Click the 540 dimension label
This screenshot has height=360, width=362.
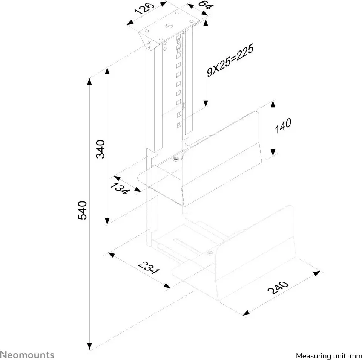point(82,210)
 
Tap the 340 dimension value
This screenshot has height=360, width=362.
point(100,149)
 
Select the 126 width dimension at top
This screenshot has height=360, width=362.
point(144,9)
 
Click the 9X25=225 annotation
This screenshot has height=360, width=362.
point(230,60)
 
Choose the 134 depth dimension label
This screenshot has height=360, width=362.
point(120,188)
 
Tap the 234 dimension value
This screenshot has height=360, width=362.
point(149,267)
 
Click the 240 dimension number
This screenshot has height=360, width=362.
point(278,288)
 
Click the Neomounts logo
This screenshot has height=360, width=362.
point(27,355)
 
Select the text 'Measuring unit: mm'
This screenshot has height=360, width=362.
point(329,356)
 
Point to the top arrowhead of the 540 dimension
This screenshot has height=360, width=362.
point(89,81)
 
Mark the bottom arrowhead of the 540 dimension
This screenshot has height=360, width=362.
point(89,346)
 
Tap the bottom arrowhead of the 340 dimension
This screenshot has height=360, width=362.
point(107,221)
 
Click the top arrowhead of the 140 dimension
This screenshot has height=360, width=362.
point(273,104)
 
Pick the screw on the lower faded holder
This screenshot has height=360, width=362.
point(210,253)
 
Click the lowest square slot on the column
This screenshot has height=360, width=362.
point(179,125)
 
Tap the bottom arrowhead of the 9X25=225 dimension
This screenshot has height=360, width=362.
point(206,104)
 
